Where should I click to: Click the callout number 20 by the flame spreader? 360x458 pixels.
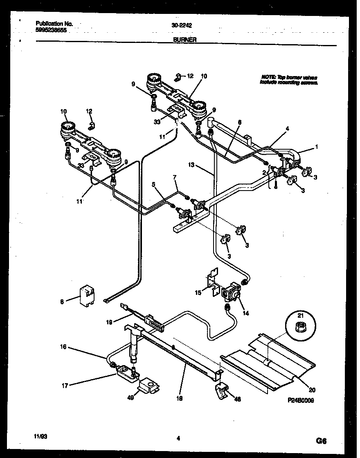coord(313,390)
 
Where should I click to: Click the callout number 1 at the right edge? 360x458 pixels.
coord(317,146)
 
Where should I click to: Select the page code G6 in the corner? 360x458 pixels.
coord(322,441)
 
